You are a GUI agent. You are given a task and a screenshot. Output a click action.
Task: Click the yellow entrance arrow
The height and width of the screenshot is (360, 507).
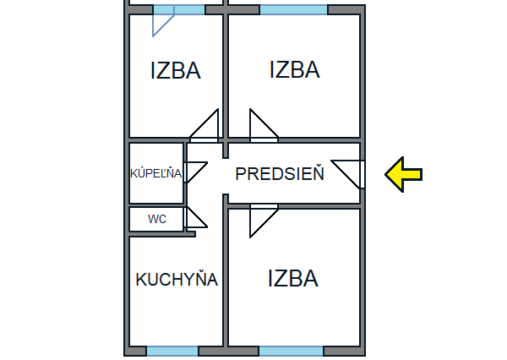point(404,174)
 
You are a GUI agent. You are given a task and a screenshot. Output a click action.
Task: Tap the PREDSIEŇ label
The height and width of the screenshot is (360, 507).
point(280,175)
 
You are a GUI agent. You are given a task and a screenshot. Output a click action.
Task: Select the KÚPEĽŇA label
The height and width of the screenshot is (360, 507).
point(155,173)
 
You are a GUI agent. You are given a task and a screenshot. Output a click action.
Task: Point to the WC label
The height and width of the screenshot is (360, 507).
point(157,219)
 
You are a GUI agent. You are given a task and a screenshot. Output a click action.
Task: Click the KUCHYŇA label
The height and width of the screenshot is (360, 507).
point(177,280)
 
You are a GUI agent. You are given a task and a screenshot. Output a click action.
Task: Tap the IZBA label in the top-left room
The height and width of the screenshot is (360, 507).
point(176,70)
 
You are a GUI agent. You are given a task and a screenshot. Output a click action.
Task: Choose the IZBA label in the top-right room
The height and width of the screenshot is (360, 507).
point(294,69)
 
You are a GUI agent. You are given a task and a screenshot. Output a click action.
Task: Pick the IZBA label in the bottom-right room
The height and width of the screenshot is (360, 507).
point(292,278)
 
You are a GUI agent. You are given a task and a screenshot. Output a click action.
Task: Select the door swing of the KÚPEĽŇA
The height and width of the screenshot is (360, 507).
point(194,172)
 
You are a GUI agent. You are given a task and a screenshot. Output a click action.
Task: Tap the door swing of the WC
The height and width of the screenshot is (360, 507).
point(194,218)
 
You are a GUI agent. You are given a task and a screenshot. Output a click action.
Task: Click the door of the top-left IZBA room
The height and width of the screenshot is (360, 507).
point(206,127)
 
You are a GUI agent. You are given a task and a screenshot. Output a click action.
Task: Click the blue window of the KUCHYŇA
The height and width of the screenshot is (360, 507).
point(172,351)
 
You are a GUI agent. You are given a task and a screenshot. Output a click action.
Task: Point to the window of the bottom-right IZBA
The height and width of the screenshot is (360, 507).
point(291,351)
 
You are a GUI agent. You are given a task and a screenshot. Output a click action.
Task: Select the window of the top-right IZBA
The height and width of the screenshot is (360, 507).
point(293,9)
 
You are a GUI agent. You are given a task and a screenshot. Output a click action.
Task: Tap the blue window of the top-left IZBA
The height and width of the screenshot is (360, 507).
point(178,9)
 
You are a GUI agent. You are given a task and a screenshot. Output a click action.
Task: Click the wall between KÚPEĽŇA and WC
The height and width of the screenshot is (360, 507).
point(156,205)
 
